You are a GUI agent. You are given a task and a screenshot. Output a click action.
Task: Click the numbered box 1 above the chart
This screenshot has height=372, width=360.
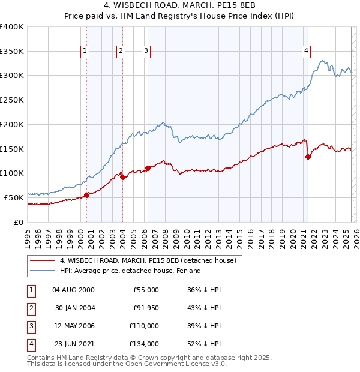(85, 52)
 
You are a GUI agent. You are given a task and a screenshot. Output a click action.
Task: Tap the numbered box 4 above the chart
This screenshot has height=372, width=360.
(306, 52)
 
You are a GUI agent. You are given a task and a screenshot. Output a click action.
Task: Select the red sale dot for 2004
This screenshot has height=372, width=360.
(122, 177)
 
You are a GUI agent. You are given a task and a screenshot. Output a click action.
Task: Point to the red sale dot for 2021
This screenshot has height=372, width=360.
(308, 157)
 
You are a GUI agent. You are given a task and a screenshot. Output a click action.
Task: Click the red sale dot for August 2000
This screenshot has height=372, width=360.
(86, 194)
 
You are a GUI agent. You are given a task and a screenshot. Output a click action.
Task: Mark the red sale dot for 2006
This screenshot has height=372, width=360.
(148, 168)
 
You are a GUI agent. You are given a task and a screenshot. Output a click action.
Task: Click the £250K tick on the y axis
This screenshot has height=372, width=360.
(12, 100)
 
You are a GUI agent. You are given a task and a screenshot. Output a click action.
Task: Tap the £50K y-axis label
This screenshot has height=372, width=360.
(14, 197)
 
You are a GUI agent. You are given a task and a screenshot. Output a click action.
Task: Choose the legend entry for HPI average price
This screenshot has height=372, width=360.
(130, 271)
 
